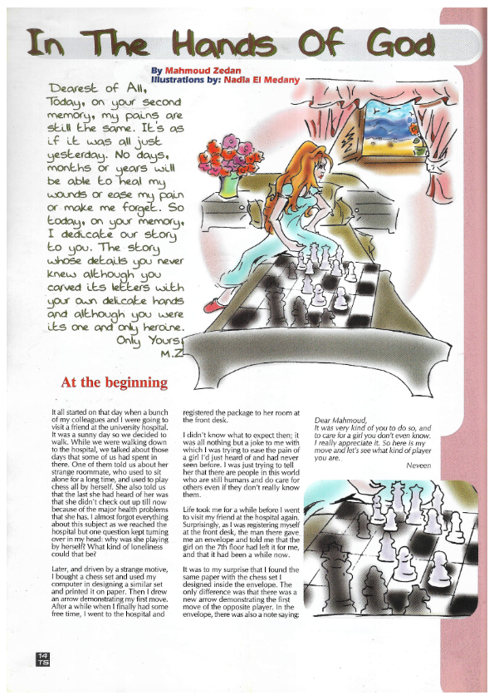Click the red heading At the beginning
tap(114, 383)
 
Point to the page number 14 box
tap(42, 658)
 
